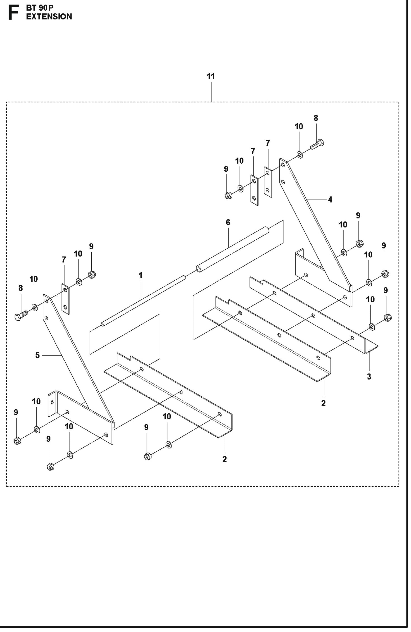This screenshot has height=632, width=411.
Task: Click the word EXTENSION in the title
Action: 49,17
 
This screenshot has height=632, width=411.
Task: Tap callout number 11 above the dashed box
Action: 211,76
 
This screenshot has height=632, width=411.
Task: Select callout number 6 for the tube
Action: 228,222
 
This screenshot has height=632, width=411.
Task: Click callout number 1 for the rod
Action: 140,275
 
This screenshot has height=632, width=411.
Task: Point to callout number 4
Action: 330,199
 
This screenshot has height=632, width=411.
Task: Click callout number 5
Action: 38,355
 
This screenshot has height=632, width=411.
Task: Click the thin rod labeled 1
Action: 143,300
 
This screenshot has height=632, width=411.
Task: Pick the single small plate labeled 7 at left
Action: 65,299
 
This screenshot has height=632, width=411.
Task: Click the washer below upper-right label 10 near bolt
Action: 300,154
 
